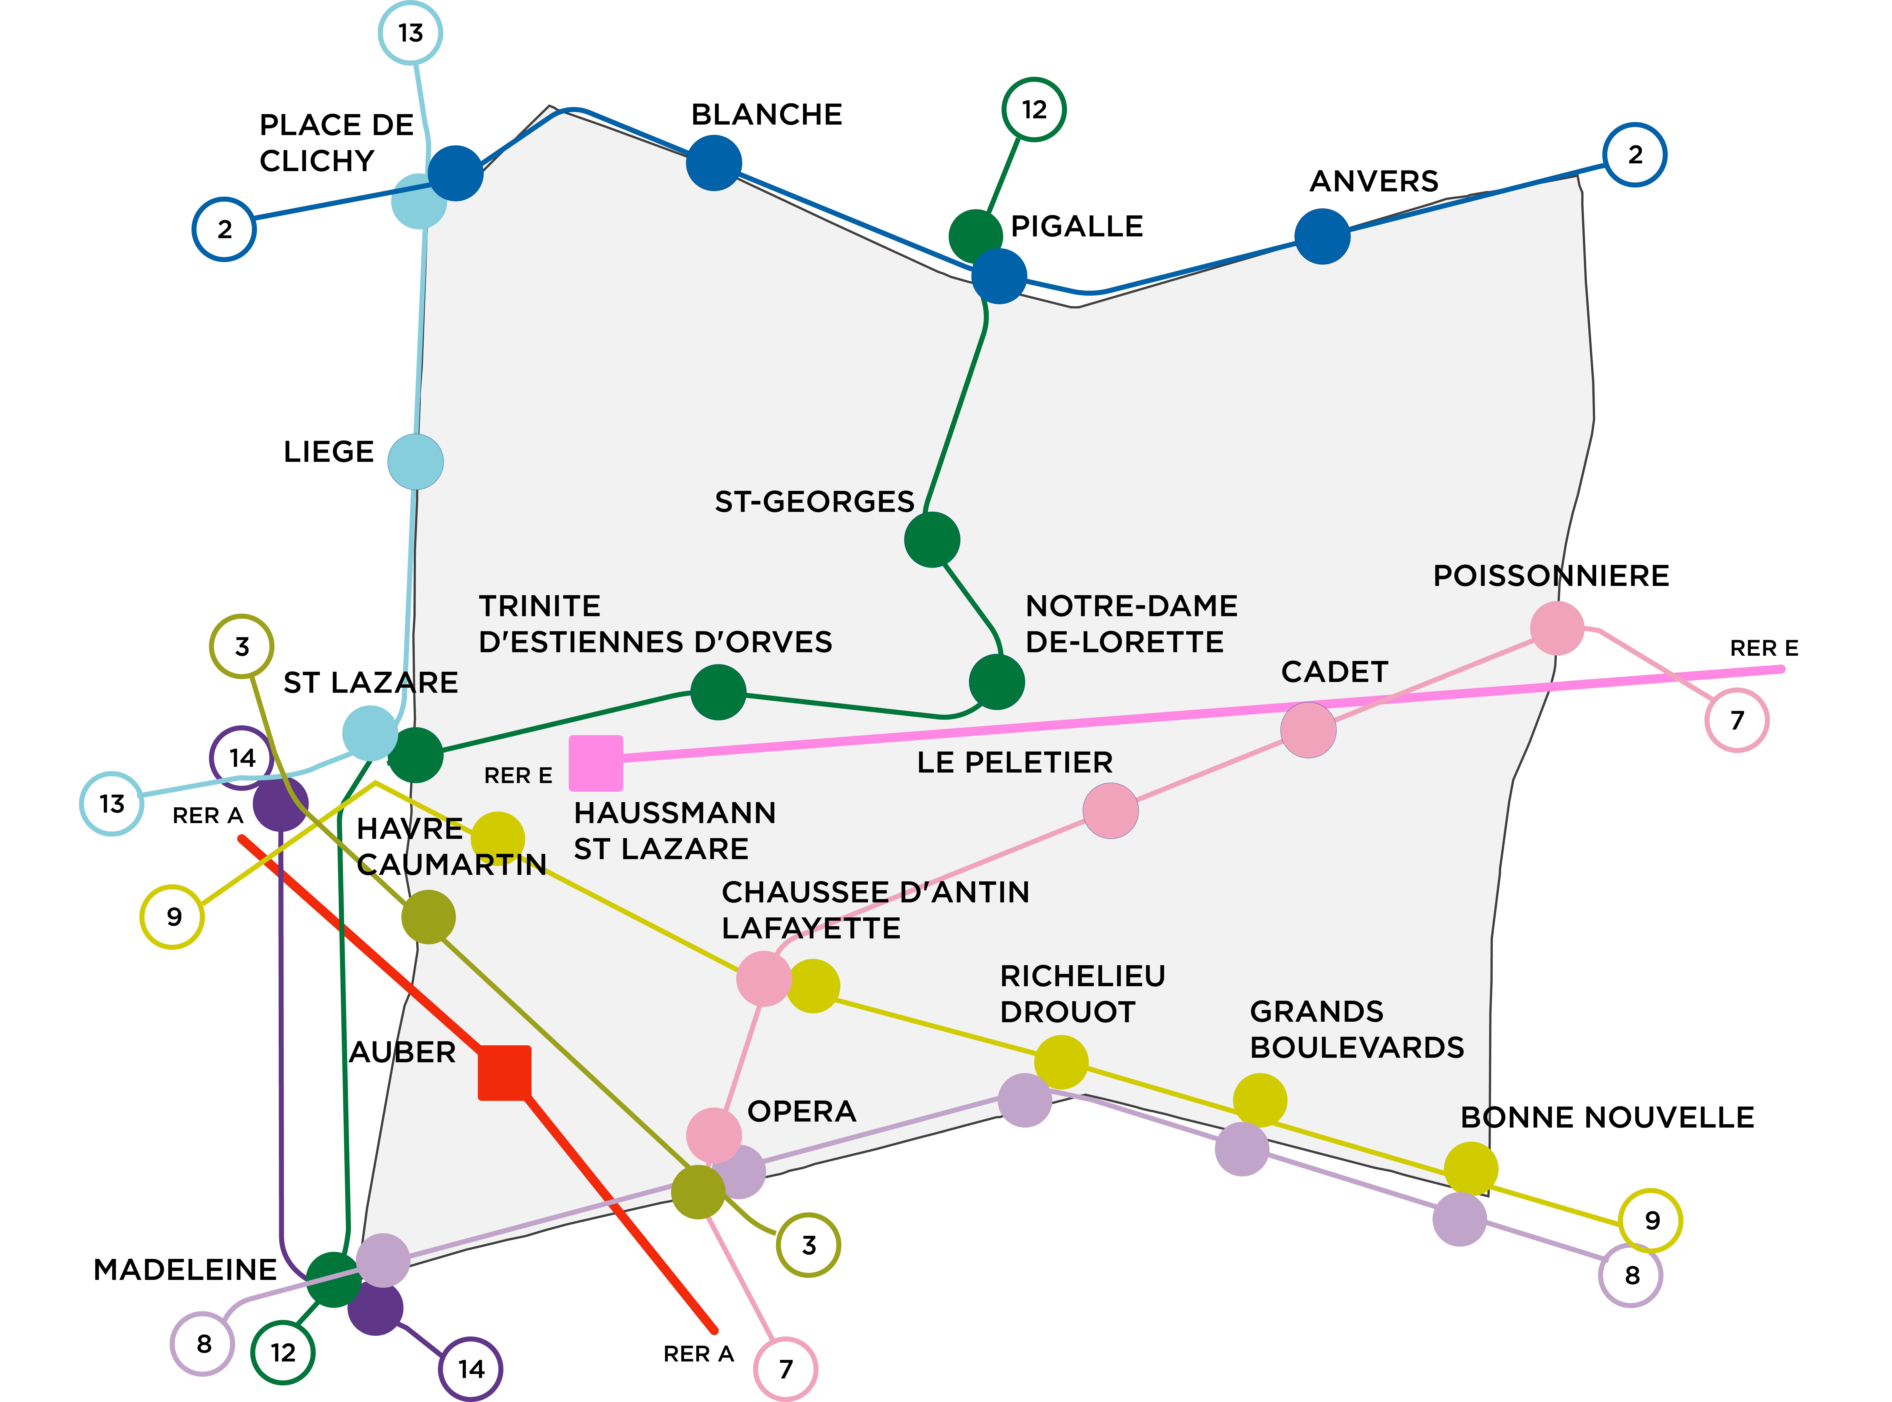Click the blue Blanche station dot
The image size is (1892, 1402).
[x=714, y=163]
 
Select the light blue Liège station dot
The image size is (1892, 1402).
[x=415, y=462]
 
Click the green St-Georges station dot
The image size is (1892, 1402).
[x=932, y=540]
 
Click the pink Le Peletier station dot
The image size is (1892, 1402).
[x=1111, y=811]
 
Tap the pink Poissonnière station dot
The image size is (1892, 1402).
[x=1557, y=628]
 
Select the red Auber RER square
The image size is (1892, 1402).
[x=505, y=1073]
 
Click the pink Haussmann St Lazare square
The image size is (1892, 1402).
[x=595, y=762]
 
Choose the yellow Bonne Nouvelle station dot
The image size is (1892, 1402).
[x=1470, y=1169]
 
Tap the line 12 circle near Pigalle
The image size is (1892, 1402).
[x=1033, y=110]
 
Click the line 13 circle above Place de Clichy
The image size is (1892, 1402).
[x=410, y=33]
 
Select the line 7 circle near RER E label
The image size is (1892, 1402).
[x=1737, y=721]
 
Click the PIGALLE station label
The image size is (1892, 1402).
[x=1077, y=227]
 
